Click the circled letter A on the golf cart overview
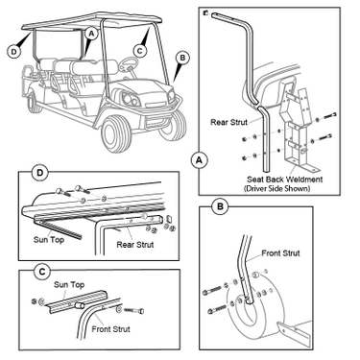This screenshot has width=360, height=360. point(91,34)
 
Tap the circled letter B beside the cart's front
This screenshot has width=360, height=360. point(182,58)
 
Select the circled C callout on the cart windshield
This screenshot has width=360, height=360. point(140,51)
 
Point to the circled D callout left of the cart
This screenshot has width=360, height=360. point(14,51)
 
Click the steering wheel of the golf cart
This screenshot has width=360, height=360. point(128,64)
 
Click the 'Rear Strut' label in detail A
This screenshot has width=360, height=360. point(229,122)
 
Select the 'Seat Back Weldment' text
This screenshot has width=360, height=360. point(284,180)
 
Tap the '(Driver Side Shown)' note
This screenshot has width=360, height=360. point(277,188)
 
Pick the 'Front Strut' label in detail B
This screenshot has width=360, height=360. point(280,253)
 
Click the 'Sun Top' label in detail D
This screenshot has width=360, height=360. point(49,239)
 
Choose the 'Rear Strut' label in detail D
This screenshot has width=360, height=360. point(135,245)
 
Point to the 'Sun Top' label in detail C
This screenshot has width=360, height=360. point(69,284)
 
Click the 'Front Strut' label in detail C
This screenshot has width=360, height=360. point(110,329)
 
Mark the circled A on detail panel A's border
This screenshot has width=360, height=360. point(199,160)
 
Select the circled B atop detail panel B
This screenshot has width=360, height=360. point(220,206)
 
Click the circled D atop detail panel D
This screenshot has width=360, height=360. point(40,173)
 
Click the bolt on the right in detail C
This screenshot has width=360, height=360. point(133,310)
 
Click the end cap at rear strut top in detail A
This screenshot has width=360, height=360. point(206,13)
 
